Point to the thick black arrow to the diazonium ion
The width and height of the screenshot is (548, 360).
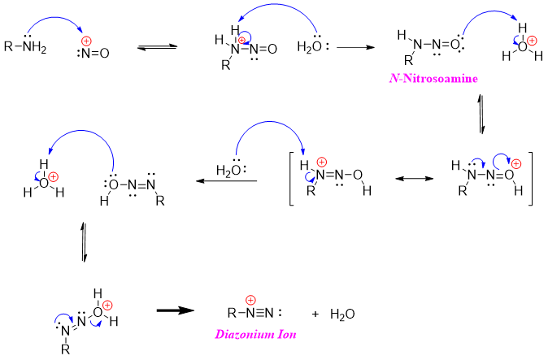point(174,310)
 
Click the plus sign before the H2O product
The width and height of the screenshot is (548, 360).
point(316,312)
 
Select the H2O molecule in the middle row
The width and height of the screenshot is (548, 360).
point(228,170)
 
